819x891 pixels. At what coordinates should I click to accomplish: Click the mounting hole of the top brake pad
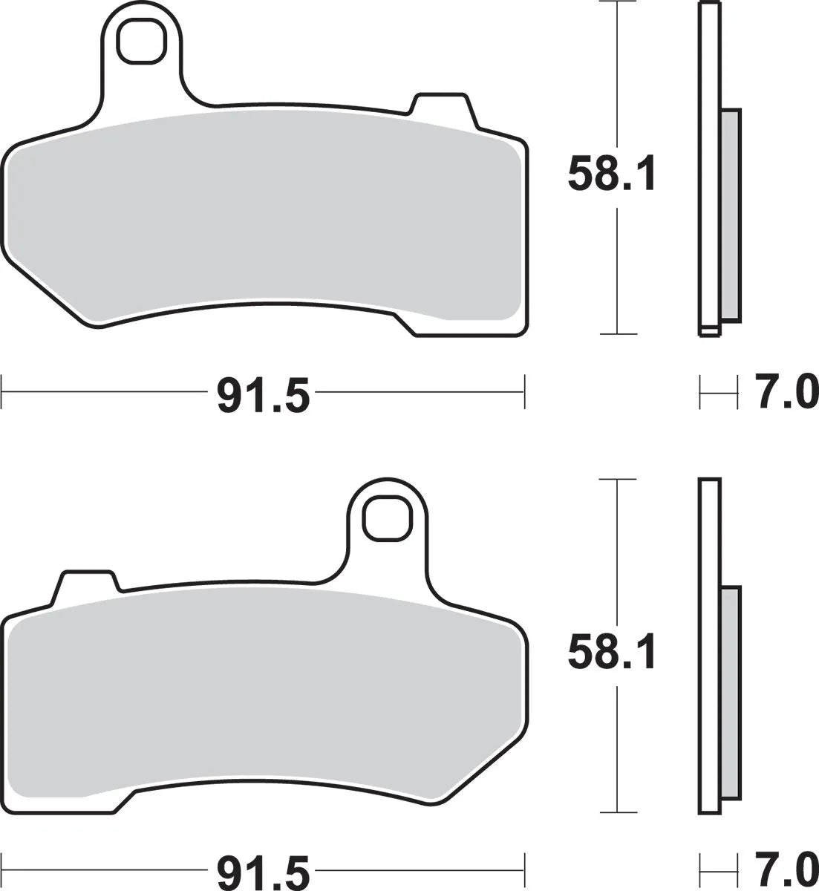point(140,43)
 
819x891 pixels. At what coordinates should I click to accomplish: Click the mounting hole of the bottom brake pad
point(386,518)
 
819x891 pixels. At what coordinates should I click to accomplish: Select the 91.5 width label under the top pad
point(262,394)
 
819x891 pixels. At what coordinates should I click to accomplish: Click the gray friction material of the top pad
point(260,215)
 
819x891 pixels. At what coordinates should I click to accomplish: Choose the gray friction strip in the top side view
point(730,215)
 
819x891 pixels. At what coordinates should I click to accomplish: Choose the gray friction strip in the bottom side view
point(730,694)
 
